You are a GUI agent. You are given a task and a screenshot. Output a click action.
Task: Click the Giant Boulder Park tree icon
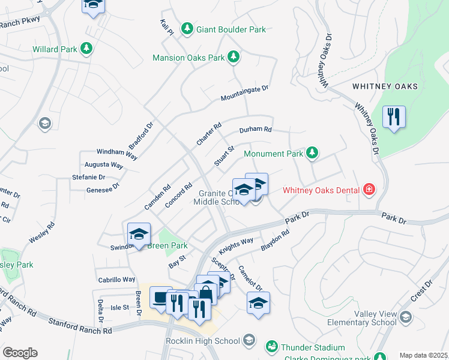click(187, 29)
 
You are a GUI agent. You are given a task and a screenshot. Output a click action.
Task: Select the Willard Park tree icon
click(86, 48)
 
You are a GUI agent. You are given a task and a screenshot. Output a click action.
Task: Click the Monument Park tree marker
click(312, 154)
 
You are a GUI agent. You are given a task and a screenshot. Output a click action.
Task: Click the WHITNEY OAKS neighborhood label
click(385, 86)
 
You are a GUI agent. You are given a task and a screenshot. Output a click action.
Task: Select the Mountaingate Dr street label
click(244, 93)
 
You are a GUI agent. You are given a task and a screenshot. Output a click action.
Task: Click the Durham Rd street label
click(256, 129)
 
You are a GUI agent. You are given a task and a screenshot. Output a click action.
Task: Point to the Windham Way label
click(117, 154)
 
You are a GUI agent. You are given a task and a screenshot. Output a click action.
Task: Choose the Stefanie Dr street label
click(89, 177)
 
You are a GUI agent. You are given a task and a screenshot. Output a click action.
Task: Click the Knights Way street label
click(236, 244)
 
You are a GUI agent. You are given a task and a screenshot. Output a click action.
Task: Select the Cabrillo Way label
click(116, 280)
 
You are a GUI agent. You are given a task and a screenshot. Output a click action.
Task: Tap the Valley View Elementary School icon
click(406, 316)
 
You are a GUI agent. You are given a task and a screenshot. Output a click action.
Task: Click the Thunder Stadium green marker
click(272, 347)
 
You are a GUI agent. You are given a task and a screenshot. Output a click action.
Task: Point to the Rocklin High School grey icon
click(250, 341)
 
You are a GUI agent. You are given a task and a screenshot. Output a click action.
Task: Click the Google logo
click(20, 353)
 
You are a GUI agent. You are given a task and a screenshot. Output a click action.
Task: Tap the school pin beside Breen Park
click(139, 234)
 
